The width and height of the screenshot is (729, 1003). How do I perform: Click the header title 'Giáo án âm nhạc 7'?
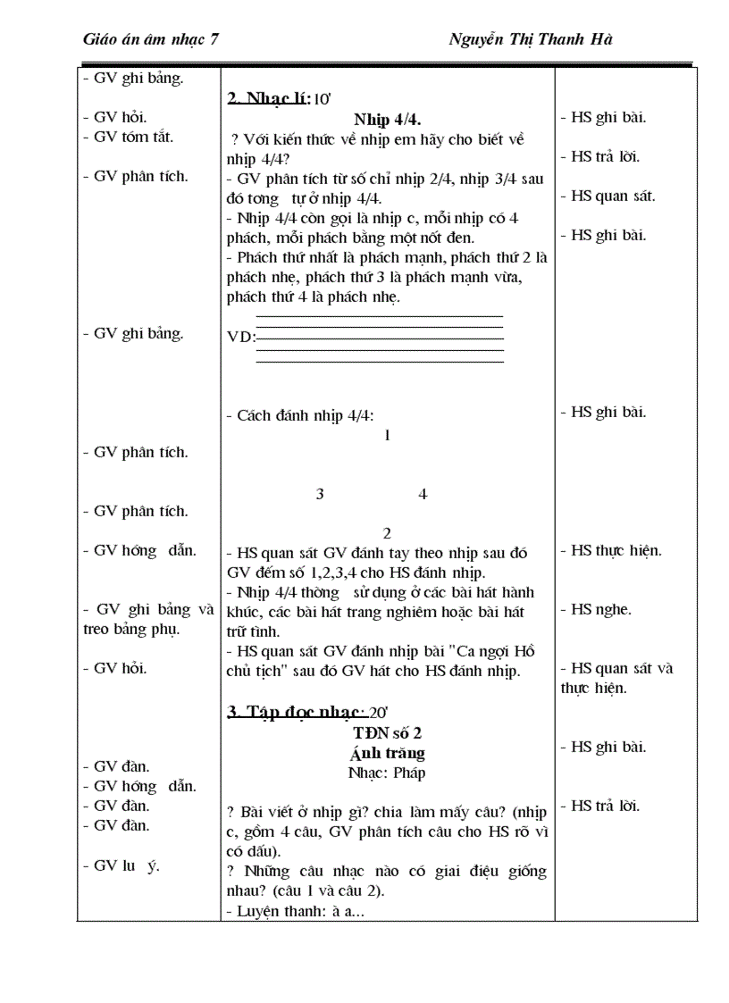coord(151,39)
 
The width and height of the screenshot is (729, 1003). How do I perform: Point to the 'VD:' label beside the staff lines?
coord(241,337)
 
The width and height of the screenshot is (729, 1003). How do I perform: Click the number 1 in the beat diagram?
coord(387,436)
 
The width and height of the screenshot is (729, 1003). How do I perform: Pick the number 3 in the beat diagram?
coord(320,494)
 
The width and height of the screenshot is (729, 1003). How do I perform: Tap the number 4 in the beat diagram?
coord(423,494)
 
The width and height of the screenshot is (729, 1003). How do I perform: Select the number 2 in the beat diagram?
coord(387,533)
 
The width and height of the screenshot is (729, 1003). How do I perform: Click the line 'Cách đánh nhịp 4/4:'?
coord(300,415)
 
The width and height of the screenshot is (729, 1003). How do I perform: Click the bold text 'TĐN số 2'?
coord(387,732)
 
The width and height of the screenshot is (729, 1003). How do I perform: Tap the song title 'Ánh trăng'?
coord(387,753)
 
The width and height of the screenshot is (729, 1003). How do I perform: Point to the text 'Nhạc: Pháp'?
coord(387,773)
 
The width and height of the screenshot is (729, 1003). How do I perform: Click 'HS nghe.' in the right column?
coord(600,610)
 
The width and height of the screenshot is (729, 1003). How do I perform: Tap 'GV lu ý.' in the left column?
coord(125,865)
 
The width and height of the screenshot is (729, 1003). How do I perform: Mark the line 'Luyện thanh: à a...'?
coord(295,911)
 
